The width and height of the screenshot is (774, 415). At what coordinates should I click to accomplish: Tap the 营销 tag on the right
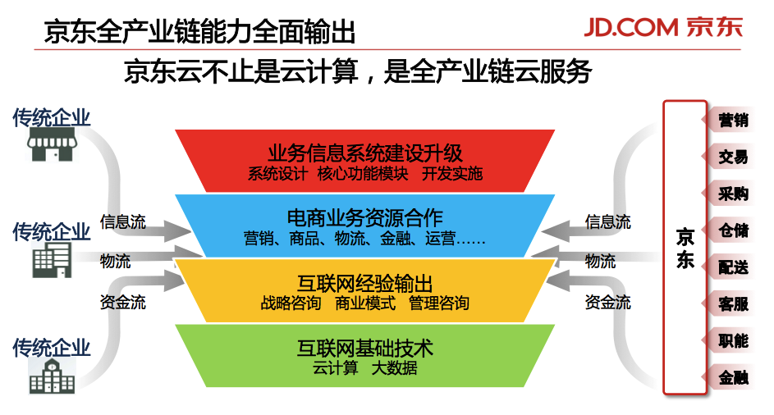click(732, 120)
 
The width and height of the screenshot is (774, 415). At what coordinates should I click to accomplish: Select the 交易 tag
click(732, 157)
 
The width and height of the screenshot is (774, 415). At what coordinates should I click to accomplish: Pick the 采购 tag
click(732, 194)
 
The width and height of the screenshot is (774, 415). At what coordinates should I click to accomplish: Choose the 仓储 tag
click(732, 230)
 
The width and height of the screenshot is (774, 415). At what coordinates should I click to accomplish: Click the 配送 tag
click(732, 267)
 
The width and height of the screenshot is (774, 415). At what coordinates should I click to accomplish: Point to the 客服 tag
click(732, 304)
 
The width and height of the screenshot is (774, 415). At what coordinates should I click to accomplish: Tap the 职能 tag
click(732, 341)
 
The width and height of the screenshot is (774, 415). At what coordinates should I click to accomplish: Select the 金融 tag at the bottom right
click(732, 378)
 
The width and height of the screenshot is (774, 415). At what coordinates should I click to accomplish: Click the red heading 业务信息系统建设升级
click(364, 153)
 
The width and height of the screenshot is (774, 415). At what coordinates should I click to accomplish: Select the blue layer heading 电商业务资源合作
click(364, 219)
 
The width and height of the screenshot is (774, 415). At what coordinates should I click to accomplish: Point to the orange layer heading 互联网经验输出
click(364, 284)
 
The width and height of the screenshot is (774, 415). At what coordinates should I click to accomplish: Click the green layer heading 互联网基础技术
click(364, 349)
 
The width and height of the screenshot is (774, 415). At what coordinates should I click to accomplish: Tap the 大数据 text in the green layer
click(394, 368)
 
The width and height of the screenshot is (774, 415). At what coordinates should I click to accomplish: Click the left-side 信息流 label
click(123, 222)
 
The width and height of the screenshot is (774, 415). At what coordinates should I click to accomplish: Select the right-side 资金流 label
click(607, 303)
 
